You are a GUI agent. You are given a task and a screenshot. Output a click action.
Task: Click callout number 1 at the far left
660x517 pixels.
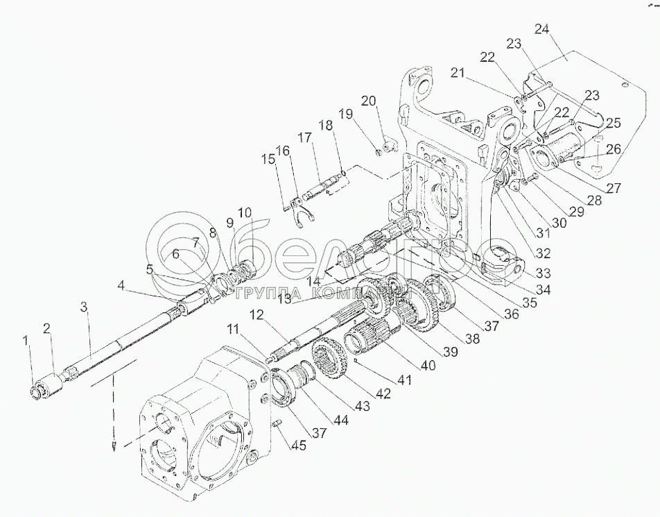(26, 341)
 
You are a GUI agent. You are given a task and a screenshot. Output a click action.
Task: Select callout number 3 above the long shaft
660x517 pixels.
(85, 306)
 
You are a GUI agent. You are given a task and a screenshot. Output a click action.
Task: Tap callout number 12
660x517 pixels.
(258, 315)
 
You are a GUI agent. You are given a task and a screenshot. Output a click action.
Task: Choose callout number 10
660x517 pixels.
(245, 211)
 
